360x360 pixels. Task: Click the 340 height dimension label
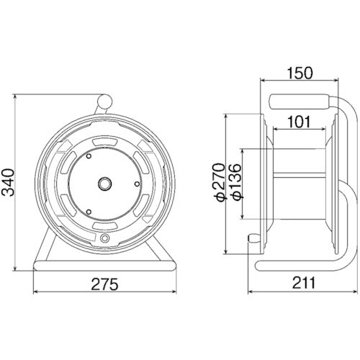coord(8,182)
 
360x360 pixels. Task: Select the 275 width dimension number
coord(105,284)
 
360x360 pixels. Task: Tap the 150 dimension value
coord(300,73)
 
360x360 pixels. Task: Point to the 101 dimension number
coord(299,122)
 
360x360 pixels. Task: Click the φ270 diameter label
coord(220,182)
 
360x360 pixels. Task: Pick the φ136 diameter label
coord(235,182)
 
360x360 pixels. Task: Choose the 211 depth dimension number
coord(303,283)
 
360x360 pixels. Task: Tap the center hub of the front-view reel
coord(105,184)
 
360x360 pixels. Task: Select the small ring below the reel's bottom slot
coord(104,238)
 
